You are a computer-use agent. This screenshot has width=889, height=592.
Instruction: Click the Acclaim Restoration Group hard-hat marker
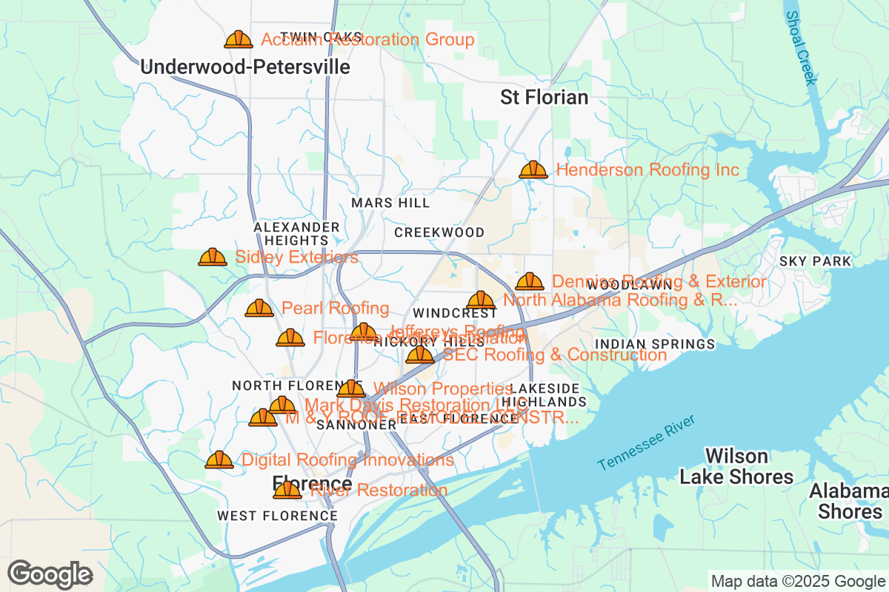tap(239, 39)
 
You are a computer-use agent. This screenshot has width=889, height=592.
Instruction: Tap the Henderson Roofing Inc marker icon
tap(533, 170)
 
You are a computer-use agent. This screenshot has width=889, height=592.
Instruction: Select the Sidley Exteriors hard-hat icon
tap(213, 257)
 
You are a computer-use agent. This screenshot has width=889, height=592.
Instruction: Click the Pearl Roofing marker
tap(259, 308)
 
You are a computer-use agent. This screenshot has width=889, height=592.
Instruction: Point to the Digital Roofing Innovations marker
tap(219, 460)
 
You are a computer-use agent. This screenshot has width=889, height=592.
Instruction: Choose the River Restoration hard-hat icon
tap(287, 490)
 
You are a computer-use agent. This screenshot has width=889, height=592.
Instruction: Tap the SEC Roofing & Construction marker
tap(420, 355)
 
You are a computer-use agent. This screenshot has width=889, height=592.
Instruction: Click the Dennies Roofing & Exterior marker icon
tap(530, 281)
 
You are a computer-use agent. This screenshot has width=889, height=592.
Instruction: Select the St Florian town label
tap(545, 97)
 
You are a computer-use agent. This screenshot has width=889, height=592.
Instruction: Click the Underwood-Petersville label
tap(245, 67)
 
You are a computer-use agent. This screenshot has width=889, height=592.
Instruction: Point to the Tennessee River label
tap(646, 443)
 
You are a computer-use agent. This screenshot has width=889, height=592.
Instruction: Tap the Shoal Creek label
tap(801, 48)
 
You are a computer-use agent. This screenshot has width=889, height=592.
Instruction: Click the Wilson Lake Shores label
tap(736, 466)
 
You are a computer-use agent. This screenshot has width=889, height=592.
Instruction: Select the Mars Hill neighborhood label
tap(390, 203)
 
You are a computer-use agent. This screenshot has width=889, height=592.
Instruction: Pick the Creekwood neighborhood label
tap(439, 232)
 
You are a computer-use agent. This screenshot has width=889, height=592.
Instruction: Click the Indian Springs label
tap(655, 344)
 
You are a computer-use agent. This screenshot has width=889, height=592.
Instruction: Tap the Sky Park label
tap(815, 261)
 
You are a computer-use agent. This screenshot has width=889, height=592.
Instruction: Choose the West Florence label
tap(277, 515)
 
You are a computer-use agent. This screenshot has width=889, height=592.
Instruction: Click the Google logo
tap(50, 574)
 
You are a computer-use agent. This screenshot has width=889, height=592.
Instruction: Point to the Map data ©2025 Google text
tap(798, 581)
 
